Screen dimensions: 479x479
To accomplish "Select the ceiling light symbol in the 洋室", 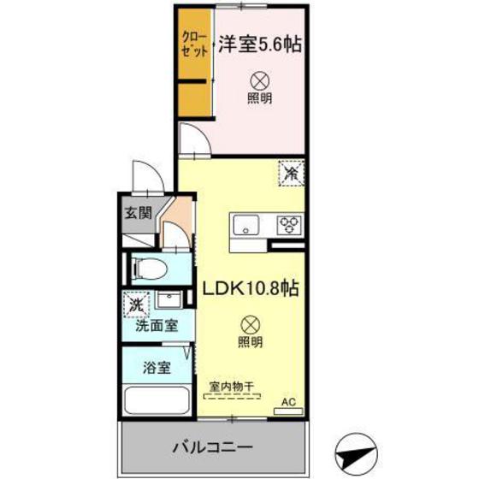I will click(x=260, y=81).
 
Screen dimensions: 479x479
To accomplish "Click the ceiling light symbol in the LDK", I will click(x=249, y=324).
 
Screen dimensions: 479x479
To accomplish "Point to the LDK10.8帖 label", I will click(x=249, y=289).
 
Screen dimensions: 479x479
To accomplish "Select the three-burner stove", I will click(x=289, y=226).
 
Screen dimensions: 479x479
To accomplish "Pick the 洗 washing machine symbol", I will click(x=135, y=305).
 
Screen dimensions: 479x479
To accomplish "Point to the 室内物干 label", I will click(x=231, y=387).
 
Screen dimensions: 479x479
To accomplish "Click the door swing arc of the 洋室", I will click(x=192, y=139).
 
